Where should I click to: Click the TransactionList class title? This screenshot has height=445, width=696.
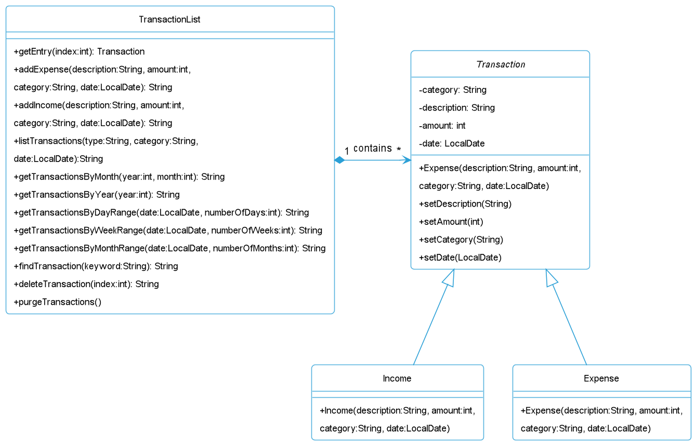point(169,20)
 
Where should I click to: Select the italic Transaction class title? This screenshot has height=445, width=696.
point(501,64)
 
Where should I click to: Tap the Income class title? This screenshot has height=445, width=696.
point(397,379)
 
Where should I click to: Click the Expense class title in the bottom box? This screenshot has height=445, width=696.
point(601,379)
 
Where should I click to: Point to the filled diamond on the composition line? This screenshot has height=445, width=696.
point(339,160)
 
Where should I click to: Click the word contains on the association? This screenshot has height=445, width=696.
point(373,149)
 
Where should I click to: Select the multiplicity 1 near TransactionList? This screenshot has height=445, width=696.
point(347,151)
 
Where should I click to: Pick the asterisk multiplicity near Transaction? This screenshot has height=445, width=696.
point(399,149)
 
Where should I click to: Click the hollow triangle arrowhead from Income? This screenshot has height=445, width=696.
point(450,277)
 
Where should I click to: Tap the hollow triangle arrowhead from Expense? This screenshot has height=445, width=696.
point(550,277)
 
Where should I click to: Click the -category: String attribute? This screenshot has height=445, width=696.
point(453,90)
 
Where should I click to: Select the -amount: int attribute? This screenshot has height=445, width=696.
point(442,126)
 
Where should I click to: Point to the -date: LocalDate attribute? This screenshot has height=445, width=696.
point(452,144)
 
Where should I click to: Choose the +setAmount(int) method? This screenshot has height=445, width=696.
point(451,222)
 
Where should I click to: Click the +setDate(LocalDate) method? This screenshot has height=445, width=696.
point(460,258)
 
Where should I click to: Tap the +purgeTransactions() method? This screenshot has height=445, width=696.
point(58,302)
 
